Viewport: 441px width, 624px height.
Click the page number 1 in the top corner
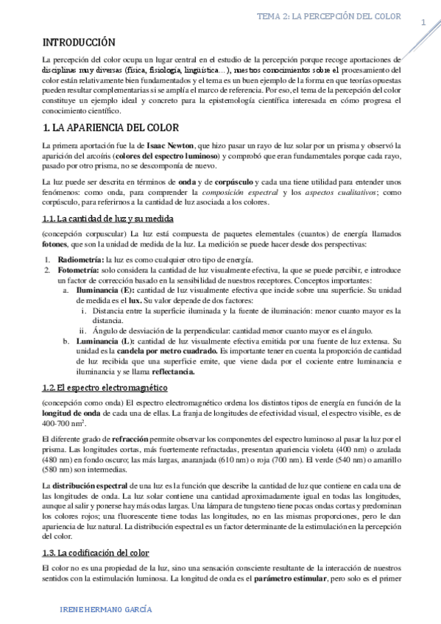pyautogui.click(x=423, y=22)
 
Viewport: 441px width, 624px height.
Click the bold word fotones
pyautogui.click(x=57, y=244)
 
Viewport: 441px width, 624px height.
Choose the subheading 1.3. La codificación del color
pyautogui.click(x=96, y=552)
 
